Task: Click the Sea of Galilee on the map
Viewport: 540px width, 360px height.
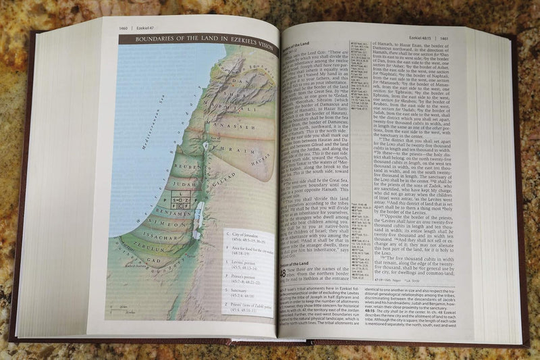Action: pos(206,144)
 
